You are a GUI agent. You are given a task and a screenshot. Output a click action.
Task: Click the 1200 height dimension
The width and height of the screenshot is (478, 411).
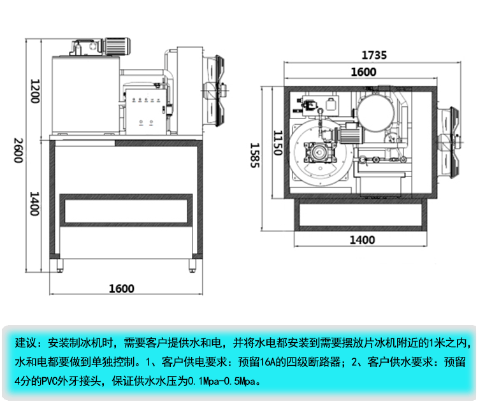[x=36, y=90]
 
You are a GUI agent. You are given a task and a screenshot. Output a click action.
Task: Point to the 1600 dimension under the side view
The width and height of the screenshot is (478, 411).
[x=121, y=289]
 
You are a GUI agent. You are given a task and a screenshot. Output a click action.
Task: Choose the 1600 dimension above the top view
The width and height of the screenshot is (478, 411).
[x=363, y=72]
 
